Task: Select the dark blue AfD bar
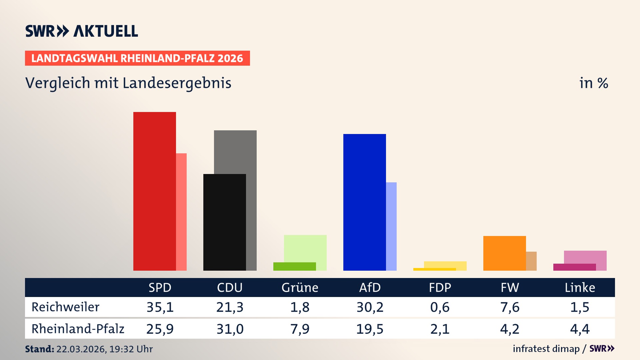pyautogui.click(x=364, y=202)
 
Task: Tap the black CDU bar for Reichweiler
pyautogui.click(x=224, y=222)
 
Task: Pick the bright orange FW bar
pyautogui.click(x=504, y=253)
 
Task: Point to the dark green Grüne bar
pyautogui.click(x=294, y=266)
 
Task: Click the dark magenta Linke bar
pyautogui.click(x=574, y=267)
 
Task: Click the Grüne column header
pyautogui.click(x=300, y=287)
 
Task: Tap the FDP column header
pyautogui.click(x=440, y=287)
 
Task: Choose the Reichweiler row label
pyautogui.click(x=65, y=307)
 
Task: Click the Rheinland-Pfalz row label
pyautogui.click(x=78, y=329)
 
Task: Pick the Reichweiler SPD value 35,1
pyautogui.click(x=160, y=307)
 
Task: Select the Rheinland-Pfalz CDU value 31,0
pyautogui.click(x=230, y=329)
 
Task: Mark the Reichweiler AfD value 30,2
pyautogui.click(x=370, y=307)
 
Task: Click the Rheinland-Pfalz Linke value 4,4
pyautogui.click(x=580, y=329)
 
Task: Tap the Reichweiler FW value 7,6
pyautogui.click(x=510, y=307)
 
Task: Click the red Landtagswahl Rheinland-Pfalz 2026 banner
pyautogui.click(x=137, y=58)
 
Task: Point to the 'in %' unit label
pyautogui.click(x=594, y=83)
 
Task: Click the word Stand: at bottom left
pyautogui.click(x=39, y=349)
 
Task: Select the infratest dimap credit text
pyautogui.click(x=546, y=349)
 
